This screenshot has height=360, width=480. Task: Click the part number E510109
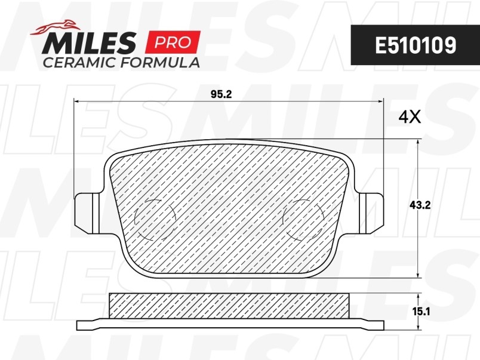coord(416,45)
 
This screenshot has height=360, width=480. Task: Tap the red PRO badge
coord(173,42)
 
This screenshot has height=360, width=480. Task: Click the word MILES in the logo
coord(89,42)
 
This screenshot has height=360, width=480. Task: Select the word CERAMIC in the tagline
coord(80,63)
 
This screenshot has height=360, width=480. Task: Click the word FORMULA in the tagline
coord(160,63)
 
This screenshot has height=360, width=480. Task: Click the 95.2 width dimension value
coord(221,94)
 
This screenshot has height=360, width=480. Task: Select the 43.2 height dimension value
coord(420,205)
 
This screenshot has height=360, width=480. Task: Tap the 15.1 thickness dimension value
coord(421,312)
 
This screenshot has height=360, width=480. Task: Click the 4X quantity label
coord(410,117)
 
